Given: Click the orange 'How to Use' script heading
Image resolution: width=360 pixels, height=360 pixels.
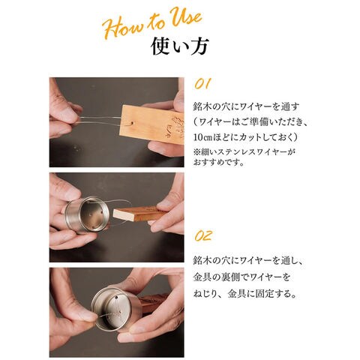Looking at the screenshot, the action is click(152, 23).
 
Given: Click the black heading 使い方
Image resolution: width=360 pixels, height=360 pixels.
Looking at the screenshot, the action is click(180, 46).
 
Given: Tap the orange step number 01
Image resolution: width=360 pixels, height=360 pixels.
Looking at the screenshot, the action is click(202, 83).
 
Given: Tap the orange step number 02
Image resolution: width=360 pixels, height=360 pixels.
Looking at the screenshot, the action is click(203, 235).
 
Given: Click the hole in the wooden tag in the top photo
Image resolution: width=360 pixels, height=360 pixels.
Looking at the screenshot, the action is click(132, 123).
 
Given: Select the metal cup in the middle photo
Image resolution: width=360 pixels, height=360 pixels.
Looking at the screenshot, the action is click(87, 214).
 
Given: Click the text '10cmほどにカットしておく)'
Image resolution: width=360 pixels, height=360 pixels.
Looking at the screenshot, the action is click(246, 137).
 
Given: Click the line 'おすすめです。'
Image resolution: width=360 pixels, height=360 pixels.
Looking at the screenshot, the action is click(219, 163).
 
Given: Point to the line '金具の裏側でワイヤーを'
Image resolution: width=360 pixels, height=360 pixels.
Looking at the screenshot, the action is click(241, 277).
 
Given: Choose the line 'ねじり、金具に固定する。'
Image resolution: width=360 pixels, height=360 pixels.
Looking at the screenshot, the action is click(245, 293).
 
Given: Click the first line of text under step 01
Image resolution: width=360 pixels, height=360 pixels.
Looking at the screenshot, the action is click(246, 106).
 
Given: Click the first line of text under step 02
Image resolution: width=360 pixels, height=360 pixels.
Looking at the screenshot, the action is click(248, 261).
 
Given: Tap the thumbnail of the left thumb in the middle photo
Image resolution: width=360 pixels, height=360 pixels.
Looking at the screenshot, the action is click(74, 193).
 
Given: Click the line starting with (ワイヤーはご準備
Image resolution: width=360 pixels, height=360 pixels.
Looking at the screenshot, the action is click(250, 122).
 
